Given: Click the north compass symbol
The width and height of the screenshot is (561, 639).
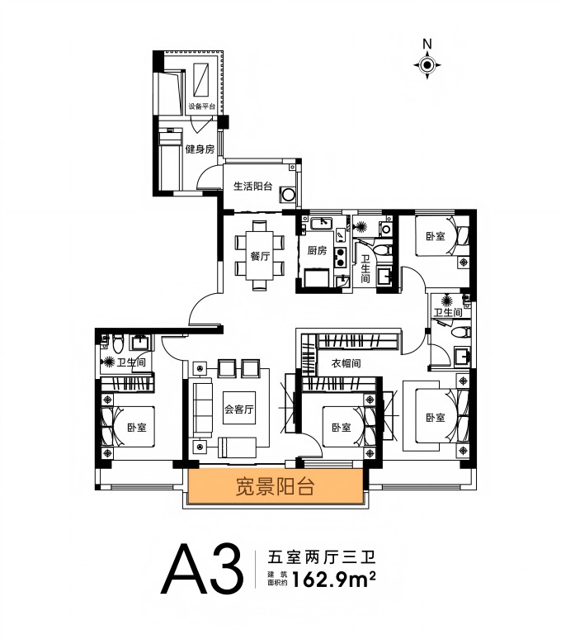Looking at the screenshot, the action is (x=427, y=64).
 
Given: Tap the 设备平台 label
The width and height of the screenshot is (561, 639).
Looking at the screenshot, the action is (x=201, y=106).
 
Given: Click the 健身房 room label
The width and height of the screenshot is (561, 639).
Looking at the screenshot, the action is (x=200, y=149).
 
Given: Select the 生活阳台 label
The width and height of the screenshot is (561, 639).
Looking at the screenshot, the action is (x=252, y=187).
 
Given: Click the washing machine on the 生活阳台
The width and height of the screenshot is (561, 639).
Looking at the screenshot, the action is (x=289, y=194).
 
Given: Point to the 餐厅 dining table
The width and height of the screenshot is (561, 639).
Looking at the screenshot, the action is (x=259, y=256).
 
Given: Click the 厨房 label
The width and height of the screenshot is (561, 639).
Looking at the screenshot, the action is (x=317, y=250).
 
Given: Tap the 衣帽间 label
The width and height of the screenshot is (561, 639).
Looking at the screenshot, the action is (x=346, y=362).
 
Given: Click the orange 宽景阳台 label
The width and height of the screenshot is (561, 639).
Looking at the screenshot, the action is (x=276, y=486).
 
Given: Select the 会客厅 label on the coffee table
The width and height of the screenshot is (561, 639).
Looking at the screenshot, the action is (x=239, y=409).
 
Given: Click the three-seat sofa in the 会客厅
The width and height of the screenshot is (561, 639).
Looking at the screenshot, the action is (x=203, y=408).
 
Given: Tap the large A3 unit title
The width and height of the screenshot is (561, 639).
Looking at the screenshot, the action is (x=202, y=569).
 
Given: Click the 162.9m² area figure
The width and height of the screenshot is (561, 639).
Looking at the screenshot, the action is (x=333, y=579).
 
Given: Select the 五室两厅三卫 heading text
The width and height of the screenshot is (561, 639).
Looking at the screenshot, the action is (x=321, y=556).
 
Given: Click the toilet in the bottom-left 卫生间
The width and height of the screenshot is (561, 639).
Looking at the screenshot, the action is (x=118, y=343).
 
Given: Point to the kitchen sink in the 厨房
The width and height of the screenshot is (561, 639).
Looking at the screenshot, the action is (x=322, y=223).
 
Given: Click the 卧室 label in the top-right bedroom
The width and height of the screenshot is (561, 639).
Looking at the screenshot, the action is (x=436, y=236).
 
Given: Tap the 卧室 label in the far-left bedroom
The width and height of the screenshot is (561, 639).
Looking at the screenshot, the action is (x=136, y=428).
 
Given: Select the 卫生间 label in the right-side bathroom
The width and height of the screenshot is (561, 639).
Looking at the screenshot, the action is (x=448, y=313).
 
